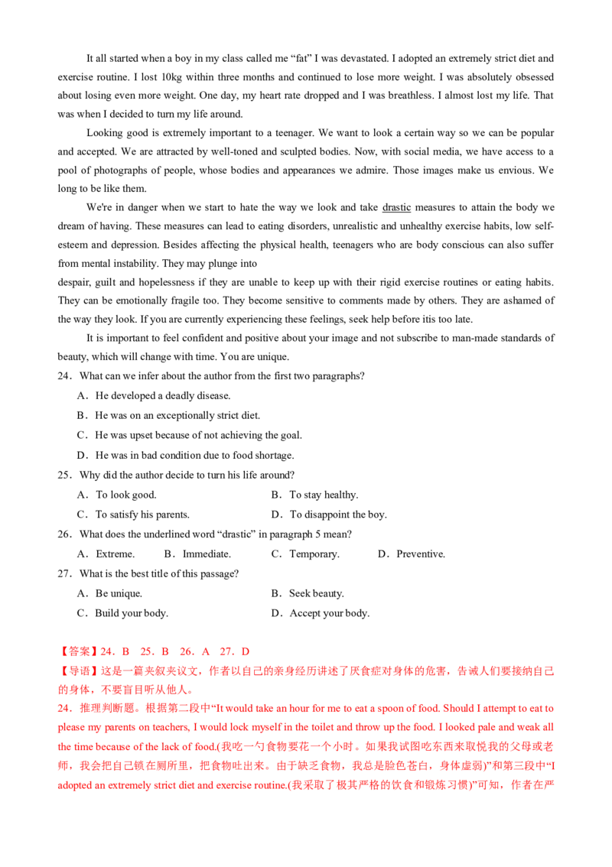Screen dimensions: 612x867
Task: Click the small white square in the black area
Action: click(260, 266)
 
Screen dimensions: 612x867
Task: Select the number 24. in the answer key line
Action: click(107, 651)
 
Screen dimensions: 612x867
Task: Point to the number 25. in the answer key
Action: click(145, 651)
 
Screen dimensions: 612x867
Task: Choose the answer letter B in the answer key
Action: click(164, 651)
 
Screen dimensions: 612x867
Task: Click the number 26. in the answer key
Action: click(186, 651)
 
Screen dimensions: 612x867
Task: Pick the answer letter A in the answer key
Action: click(204, 651)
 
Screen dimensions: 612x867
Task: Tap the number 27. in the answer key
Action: click(226, 651)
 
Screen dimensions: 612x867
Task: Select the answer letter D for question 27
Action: click(245, 651)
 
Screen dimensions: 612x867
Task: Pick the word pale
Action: click(497, 727)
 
